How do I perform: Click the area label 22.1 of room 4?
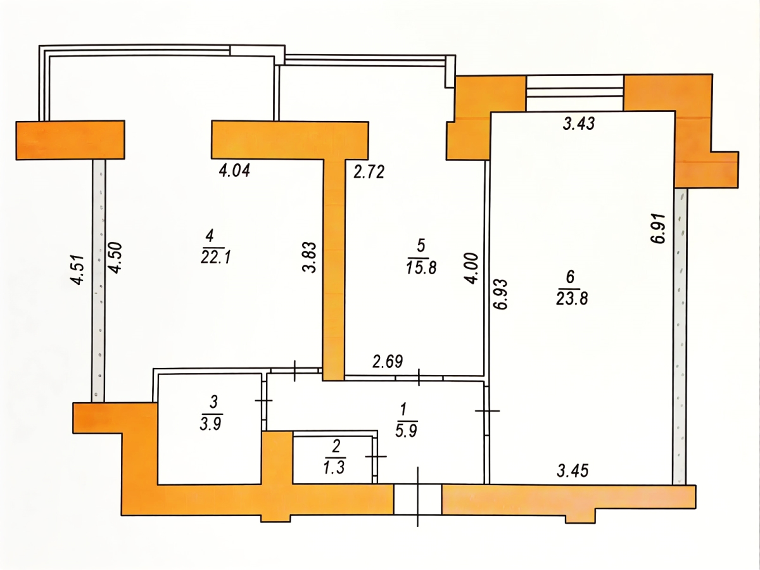click(216, 258)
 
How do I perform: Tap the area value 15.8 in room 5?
click(421, 267)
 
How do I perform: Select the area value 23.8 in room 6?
click(572, 298)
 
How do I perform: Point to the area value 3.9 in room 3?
click(211, 423)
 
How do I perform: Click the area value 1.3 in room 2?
click(334, 468)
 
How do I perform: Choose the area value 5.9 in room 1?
click(406, 431)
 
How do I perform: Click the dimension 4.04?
click(234, 171)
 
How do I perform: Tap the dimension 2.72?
click(369, 172)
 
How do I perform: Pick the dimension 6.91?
click(658, 229)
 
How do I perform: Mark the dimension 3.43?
click(579, 123)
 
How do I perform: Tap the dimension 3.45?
click(573, 471)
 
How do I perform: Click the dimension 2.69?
click(388, 362)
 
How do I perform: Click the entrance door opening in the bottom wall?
click(417, 500)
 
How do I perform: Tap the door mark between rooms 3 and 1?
click(264, 400)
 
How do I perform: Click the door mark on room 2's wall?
click(376, 457)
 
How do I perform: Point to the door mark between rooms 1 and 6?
click(488, 411)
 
